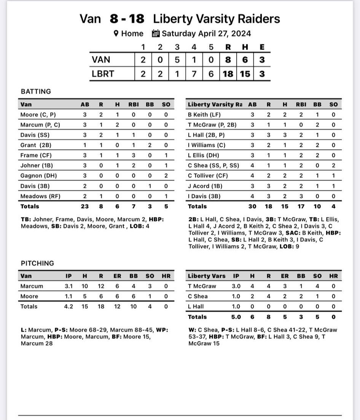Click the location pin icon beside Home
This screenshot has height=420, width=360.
(x=116, y=34)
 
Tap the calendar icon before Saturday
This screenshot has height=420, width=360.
(x=155, y=34)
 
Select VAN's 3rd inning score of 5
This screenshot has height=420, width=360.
(x=177, y=60)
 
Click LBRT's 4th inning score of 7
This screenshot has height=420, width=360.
(x=194, y=73)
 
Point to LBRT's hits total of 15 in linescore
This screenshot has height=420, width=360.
(x=245, y=73)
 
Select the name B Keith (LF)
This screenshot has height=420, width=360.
(x=204, y=115)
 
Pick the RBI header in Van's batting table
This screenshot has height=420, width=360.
(x=133, y=104)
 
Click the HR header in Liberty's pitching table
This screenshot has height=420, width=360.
(x=333, y=276)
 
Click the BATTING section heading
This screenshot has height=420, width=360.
(x=36, y=91)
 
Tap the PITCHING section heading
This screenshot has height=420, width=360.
(x=37, y=263)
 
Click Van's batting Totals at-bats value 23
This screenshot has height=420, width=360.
(x=85, y=206)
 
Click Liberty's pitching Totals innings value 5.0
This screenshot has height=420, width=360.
(x=236, y=317)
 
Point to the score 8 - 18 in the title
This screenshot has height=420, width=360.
(x=127, y=19)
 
